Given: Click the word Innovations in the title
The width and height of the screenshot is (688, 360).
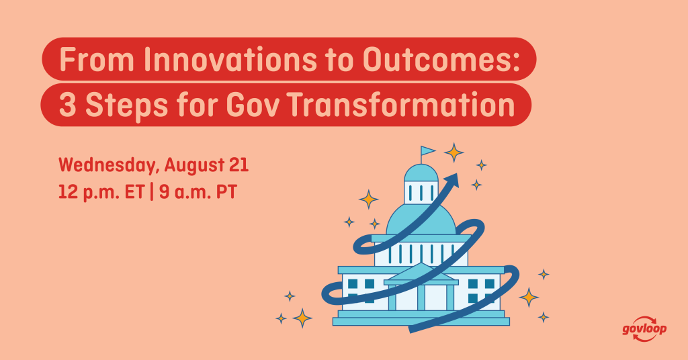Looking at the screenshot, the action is tap(230, 60).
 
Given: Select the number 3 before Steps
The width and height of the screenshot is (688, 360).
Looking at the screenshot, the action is tap(67, 105).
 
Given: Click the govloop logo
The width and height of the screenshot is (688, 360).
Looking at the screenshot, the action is tap(644, 329).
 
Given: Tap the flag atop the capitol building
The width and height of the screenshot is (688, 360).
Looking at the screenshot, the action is tap(427, 151).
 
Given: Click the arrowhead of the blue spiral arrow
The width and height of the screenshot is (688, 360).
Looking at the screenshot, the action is tap(451, 180).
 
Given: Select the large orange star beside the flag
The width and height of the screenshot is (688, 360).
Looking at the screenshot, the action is tap(454, 152).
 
